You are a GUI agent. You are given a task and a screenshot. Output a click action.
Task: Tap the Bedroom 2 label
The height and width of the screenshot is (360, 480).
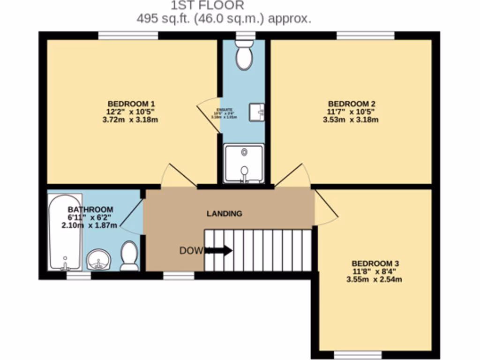pos(351,104)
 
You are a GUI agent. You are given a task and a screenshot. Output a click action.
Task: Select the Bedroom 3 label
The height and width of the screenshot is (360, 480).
pos(375,263)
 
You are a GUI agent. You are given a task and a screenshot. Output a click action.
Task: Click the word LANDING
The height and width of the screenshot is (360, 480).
pos(225,214)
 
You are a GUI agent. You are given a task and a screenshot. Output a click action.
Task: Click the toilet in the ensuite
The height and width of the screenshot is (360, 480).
pos(244,55)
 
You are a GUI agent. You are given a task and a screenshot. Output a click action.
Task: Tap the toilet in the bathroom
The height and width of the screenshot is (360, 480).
pos(129,256)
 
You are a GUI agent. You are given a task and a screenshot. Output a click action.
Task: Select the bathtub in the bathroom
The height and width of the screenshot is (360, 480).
pos(65,232)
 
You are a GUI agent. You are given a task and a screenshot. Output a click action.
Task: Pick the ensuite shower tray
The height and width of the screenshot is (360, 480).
pos(244,163)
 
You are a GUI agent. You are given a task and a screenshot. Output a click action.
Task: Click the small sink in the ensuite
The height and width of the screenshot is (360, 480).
pos(256,112)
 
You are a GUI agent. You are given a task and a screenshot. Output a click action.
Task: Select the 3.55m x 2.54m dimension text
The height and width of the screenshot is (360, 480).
pos(375,280)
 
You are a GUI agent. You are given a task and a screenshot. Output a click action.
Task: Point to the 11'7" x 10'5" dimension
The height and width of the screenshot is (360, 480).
pos(351,112)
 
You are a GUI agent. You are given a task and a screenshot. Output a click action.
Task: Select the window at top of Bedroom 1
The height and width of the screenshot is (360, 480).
pos(127,36)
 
